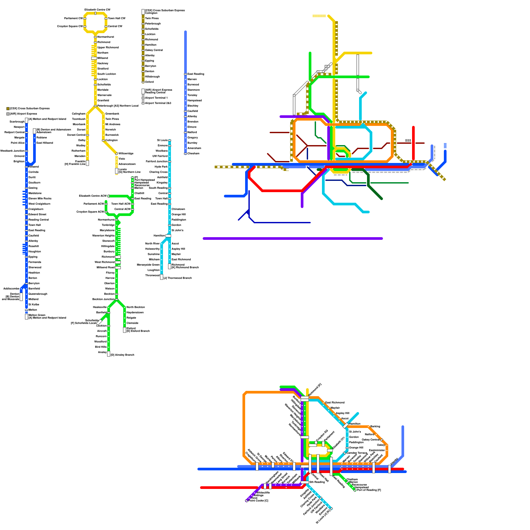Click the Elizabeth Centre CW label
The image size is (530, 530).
click(x=97, y=10)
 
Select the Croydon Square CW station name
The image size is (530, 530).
click(x=70, y=26)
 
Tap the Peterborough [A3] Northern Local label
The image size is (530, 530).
click(x=118, y=106)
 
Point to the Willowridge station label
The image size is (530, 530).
click(x=126, y=153)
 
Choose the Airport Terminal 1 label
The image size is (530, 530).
click(x=156, y=98)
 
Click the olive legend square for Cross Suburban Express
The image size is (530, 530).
click(x=8, y=109)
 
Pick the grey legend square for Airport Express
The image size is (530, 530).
click(x=8, y=114)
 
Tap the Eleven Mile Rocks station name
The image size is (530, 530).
click(x=40, y=198)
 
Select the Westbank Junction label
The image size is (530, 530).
click(x=12, y=151)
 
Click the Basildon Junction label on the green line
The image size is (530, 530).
click(x=103, y=299)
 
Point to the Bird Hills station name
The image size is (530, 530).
click(x=101, y=347)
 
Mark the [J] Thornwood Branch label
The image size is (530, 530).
click(x=178, y=278)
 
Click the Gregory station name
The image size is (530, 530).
click(x=192, y=137)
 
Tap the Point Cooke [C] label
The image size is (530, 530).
click(x=258, y=501)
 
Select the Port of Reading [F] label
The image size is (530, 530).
click(x=369, y=490)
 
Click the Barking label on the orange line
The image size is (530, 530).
click(x=375, y=426)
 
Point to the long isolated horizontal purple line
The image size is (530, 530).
click(x=293, y=238)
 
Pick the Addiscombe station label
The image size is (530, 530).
click(x=11, y=289)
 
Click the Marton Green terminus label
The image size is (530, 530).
click(x=37, y=315)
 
